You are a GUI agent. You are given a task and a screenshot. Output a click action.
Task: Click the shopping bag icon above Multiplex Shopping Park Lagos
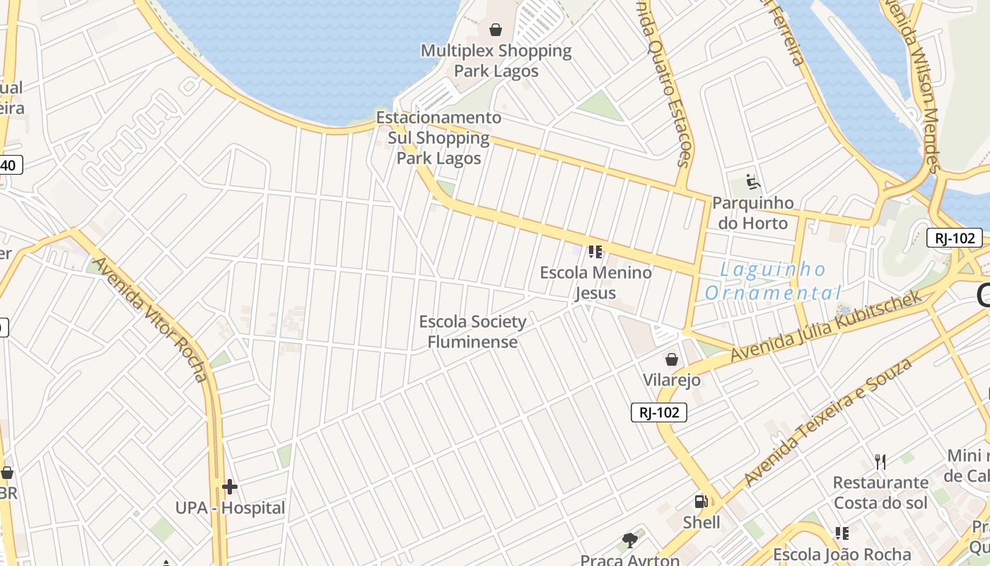(x=496, y=30)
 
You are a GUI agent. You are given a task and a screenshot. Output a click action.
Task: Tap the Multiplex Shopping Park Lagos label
(x=496, y=61)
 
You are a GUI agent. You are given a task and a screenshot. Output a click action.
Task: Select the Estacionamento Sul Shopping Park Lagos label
(x=438, y=138)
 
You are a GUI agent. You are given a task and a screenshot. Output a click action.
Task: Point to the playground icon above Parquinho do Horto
(x=753, y=183)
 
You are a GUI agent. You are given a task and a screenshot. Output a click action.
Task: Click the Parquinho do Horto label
(x=752, y=213)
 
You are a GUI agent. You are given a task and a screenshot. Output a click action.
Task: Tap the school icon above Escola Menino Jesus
(x=595, y=251)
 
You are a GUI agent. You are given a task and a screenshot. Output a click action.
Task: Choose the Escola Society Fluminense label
(x=472, y=332)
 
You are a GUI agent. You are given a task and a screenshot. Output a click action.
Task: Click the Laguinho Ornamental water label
(x=773, y=281)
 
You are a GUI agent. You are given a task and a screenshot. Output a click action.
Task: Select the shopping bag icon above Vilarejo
(x=672, y=359)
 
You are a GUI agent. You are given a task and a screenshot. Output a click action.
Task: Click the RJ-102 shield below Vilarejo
(x=659, y=412)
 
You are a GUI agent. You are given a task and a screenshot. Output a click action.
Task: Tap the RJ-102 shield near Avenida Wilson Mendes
(x=955, y=238)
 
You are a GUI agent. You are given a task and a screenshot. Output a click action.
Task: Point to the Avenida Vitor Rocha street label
(x=150, y=318)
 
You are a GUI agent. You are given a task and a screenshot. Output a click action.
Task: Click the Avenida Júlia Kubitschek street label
(x=827, y=325)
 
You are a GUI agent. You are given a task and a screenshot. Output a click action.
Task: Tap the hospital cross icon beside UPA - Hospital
(x=230, y=487)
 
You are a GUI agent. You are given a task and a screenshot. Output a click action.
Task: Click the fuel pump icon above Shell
(x=701, y=502)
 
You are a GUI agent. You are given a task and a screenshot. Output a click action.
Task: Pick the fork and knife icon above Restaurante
(x=880, y=462)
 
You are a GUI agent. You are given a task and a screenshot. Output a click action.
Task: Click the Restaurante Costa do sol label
(x=880, y=492)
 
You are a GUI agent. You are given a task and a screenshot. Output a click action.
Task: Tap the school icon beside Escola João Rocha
(x=841, y=533)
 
